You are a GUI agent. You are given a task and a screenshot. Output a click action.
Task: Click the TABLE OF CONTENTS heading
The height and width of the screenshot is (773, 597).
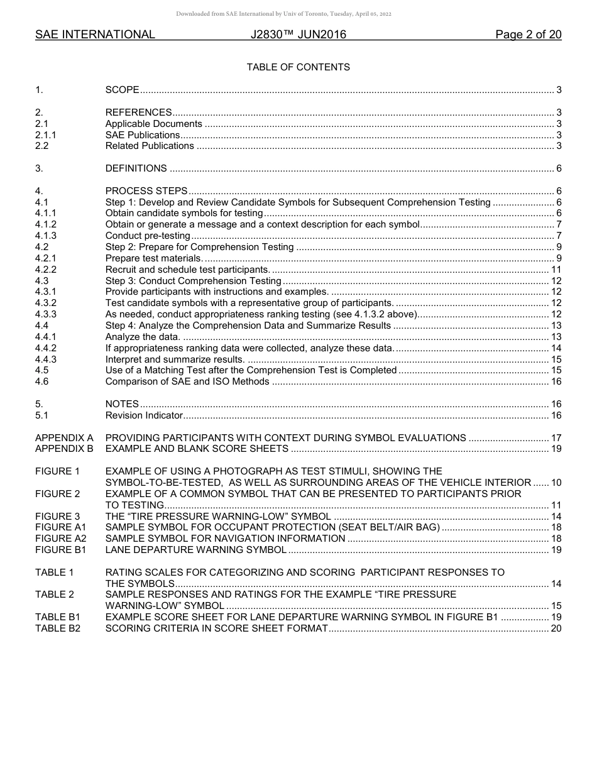click(298, 67)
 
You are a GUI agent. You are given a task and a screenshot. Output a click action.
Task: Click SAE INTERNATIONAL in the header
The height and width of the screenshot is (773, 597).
click(95, 35)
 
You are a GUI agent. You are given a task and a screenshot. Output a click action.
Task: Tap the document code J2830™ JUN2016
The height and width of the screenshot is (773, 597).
click(298, 35)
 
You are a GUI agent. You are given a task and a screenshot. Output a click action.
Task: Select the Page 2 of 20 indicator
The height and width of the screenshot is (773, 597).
click(528, 35)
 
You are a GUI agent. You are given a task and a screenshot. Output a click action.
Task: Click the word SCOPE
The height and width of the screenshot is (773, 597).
click(122, 90)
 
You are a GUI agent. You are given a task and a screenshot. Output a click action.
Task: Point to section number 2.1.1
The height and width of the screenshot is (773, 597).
click(46, 135)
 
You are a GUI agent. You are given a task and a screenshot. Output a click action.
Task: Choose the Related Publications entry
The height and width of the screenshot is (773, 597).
click(150, 146)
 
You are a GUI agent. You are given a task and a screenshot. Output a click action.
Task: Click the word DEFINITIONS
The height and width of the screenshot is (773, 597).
click(136, 168)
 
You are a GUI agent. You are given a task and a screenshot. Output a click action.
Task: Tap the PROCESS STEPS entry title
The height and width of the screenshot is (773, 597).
click(146, 191)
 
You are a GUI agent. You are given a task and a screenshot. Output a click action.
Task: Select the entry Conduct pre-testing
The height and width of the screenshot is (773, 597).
click(148, 236)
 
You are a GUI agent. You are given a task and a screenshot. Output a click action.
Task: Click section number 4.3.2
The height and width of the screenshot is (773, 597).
click(46, 303)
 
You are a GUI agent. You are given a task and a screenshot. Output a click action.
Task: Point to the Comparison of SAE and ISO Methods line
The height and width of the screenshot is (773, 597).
click(187, 381)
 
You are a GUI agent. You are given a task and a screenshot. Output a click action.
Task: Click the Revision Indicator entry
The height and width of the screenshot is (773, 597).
click(144, 415)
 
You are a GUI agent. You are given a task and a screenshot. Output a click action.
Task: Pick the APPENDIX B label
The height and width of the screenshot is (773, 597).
click(64, 449)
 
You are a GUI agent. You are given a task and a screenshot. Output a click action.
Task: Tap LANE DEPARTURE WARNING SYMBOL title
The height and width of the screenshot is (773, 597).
click(195, 550)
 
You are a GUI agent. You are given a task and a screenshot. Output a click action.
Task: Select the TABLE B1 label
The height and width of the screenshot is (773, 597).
click(58, 617)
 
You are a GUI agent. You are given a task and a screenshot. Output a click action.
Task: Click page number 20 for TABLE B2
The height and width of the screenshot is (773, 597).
click(556, 628)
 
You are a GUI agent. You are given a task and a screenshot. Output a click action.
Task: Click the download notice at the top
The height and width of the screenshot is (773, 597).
click(283, 14)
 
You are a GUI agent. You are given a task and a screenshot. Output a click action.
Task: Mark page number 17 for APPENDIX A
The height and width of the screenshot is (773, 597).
click(556, 438)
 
